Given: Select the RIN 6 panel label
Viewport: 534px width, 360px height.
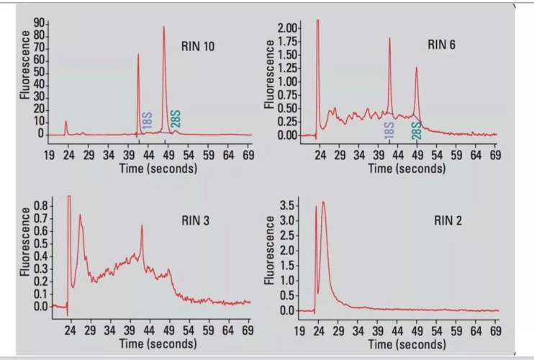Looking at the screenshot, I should [x=441, y=45].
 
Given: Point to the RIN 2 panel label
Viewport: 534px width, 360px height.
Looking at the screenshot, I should [x=448, y=220].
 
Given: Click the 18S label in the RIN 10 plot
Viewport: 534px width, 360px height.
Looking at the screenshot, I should [x=147, y=121].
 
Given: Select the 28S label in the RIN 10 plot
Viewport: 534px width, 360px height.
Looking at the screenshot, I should [x=176, y=120].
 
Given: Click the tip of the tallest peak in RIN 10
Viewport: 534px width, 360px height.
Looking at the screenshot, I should [x=164, y=27].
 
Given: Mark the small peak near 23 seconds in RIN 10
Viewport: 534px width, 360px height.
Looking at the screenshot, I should [x=65, y=122].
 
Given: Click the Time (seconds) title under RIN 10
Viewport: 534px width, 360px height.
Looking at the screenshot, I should [x=158, y=168].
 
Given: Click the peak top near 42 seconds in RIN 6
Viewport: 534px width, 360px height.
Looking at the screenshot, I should [x=389, y=39].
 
